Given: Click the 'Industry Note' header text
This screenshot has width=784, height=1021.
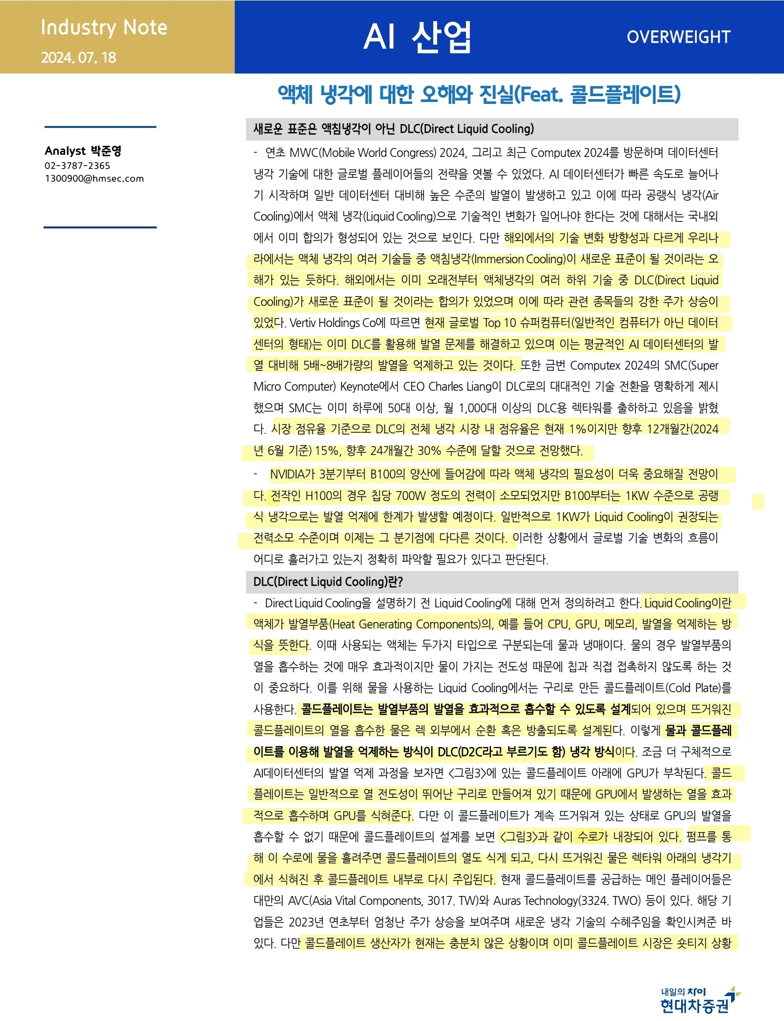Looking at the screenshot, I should [x=104, y=27].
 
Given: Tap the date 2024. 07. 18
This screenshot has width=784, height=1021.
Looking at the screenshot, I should [x=78, y=57].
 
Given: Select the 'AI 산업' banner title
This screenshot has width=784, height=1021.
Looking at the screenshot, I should [x=417, y=37].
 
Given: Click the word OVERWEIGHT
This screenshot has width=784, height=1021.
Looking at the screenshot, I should [x=678, y=37].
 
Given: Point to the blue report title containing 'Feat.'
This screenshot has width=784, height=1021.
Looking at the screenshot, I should [x=479, y=94].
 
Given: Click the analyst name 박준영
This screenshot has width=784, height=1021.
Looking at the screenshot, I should [x=106, y=150].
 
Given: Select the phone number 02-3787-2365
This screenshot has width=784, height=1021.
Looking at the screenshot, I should [x=77, y=166].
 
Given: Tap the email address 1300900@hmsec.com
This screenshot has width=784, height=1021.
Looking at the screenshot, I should [x=94, y=178].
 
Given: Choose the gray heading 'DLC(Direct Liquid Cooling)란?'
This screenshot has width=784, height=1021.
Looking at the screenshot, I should [x=328, y=582].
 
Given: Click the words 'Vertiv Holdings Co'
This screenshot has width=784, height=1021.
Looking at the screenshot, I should [x=332, y=323].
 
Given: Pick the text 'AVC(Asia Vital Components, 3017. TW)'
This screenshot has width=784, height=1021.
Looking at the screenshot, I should [x=373, y=901].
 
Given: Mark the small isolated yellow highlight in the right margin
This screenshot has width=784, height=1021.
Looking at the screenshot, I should [x=758, y=502].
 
